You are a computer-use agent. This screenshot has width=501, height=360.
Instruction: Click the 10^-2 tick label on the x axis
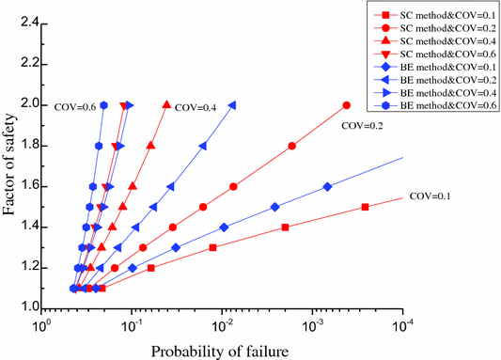point(222,323)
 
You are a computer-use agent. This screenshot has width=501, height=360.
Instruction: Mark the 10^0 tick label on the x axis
point(41,323)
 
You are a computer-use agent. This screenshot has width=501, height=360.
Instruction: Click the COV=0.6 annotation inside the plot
point(74,105)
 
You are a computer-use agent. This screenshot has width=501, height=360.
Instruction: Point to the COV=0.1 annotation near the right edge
point(431,196)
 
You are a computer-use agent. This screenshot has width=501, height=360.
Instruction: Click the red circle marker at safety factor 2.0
point(347,105)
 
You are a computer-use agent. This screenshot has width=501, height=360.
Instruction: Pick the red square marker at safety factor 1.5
point(365,207)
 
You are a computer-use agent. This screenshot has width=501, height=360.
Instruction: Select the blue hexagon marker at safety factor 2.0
point(104,105)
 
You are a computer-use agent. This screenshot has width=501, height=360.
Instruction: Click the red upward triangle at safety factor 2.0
point(167,104)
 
